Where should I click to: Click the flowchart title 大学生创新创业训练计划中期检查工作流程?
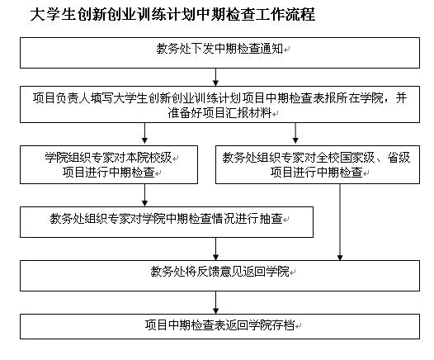pos(172,14)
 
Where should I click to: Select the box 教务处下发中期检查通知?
pos(219,53)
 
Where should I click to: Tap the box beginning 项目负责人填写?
pos(219,104)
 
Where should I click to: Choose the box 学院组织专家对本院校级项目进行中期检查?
pos(109,165)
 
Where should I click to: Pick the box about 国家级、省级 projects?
pos(318,165)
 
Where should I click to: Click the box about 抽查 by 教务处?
pos(167,222)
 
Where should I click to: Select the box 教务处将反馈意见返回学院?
pos(219,276)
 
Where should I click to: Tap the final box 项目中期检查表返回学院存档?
pos(219,326)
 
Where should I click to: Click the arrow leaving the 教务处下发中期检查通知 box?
pos(216,77)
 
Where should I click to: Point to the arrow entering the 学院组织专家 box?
pos(144,134)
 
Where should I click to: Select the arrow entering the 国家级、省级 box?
pos(295,134)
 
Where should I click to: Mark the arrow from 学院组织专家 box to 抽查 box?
pos(144,195)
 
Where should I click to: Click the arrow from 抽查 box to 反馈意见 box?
pos(216,249)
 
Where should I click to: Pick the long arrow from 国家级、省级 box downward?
pos(340,222)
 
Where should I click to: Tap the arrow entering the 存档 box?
pos(216,302)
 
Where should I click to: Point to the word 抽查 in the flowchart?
pos(271,219)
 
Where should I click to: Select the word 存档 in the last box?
pos(283,324)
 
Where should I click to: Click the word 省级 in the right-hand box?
pos(399,158)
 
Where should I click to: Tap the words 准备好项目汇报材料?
pos(219,113)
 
